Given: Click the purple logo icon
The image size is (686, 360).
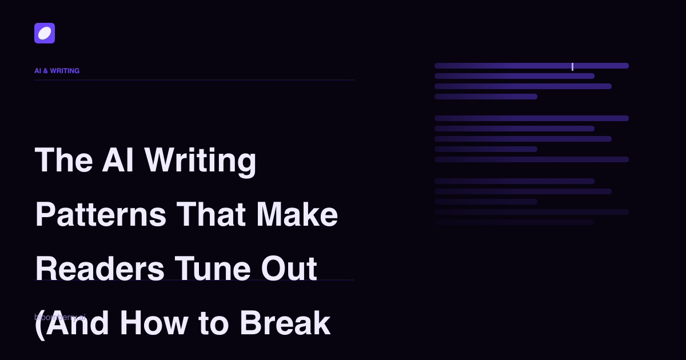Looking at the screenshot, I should (x=45, y=33).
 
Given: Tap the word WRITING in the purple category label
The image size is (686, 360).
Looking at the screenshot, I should (x=65, y=71).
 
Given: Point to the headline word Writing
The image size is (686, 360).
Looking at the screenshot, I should (x=200, y=161).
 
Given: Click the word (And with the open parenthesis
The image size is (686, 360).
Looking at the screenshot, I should (x=72, y=323).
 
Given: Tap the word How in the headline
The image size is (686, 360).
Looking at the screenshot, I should (x=154, y=323).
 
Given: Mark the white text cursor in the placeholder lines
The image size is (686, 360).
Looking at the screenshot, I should (x=572, y=66).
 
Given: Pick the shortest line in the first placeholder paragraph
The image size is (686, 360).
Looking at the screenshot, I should (x=486, y=97).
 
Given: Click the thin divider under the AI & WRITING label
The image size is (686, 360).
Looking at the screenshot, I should (x=194, y=80).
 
